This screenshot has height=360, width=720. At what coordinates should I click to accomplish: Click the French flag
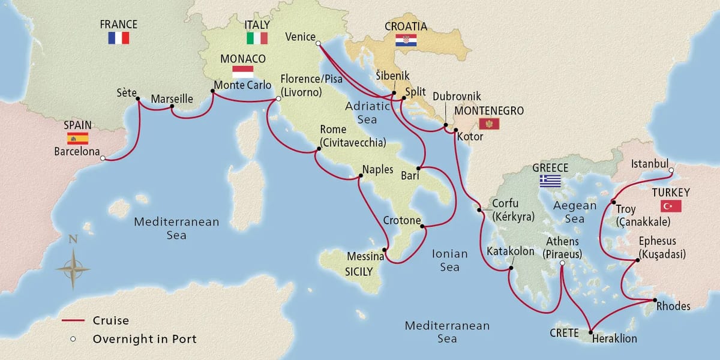coord(119,38)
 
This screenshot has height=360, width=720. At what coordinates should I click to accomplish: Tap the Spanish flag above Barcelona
coord(77,139)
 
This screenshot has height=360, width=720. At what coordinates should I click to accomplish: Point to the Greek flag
coord(550,180)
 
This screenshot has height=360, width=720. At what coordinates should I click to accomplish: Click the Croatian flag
coord(406,41)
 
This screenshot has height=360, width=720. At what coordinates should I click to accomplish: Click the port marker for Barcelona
coord(103,159)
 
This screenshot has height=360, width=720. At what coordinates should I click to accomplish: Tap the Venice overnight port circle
coord(318,42)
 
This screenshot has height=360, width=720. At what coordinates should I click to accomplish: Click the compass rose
coord(73,268)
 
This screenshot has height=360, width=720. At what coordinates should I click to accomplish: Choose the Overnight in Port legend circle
coord(73,339)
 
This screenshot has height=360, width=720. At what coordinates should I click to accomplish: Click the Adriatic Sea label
coord(367,112)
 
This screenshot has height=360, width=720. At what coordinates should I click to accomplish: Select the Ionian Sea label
coord(449,260)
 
